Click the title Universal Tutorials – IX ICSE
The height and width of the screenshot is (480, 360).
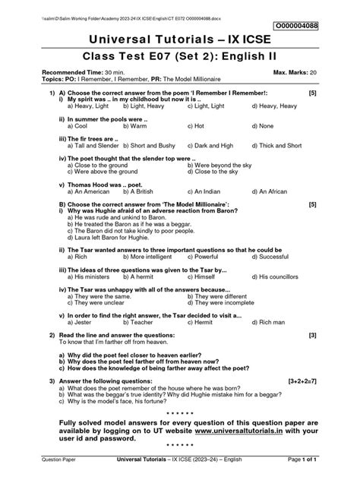179,40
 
